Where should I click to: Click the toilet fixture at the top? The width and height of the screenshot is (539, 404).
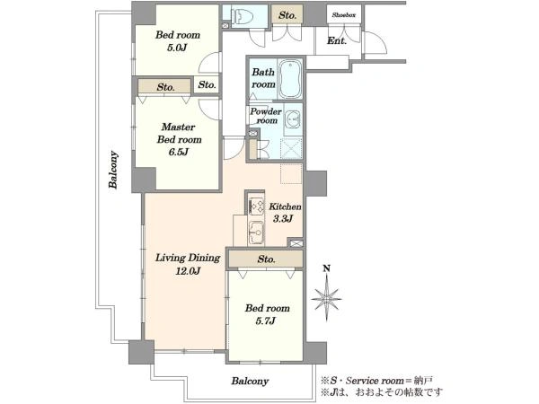click(x=243, y=16)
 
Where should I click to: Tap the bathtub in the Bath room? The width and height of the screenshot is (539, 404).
click(x=290, y=79)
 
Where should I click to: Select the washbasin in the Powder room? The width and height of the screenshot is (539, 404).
click(x=293, y=119)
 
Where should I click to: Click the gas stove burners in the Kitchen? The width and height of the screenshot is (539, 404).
click(x=257, y=206)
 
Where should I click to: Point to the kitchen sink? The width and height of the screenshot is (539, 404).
click(x=256, y=233)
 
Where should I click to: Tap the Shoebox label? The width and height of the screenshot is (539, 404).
click(x=344, y=15)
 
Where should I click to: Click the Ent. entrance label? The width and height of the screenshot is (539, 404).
click(x=337, y=40)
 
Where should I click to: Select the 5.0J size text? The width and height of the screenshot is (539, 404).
click(x=177, y=48)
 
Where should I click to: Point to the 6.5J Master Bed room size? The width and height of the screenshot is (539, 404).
click(x=179, y=152)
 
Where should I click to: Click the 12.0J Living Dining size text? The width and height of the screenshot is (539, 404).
click(x=188, y=271)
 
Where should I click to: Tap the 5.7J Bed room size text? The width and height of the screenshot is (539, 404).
click(x=265, y=321)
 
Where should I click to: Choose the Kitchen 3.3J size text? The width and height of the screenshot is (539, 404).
click(x=283, y=218)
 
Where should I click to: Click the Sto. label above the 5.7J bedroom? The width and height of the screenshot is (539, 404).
click(x=267, y=259)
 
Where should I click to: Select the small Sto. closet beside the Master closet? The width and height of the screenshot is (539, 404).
click(x=207, y=84)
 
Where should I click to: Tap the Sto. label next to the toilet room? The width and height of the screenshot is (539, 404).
click(x=287, y=15)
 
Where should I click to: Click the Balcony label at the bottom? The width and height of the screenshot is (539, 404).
click(x=250, y=381)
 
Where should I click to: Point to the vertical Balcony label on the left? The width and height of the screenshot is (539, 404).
click(x=113, y=170)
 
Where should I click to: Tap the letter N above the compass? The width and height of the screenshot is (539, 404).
click(x=327, y=268)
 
